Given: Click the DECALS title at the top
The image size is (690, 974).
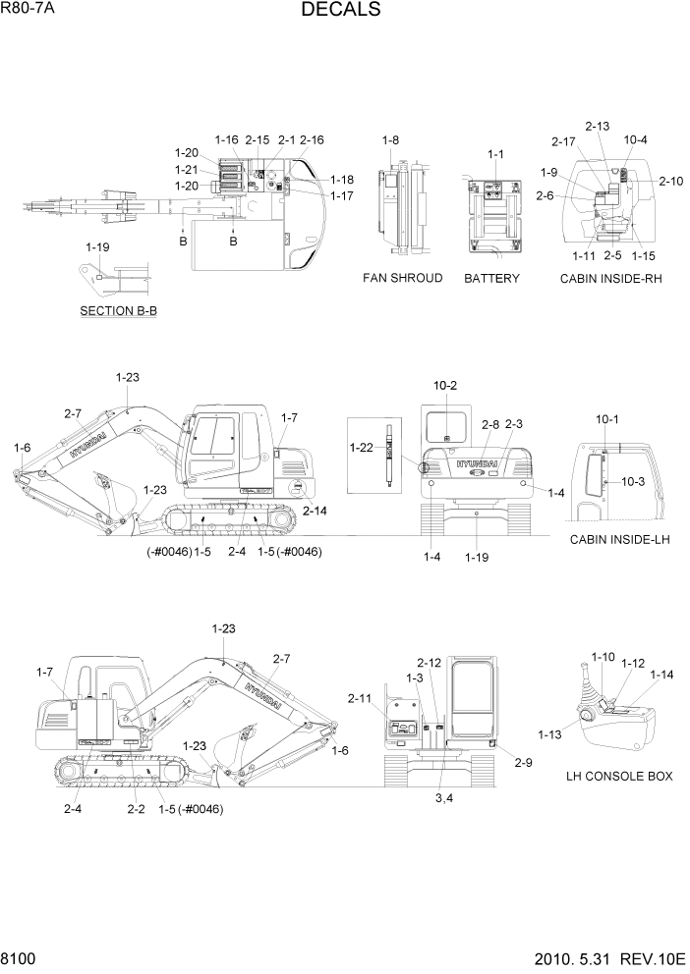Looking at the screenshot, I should click(x=341, y=10).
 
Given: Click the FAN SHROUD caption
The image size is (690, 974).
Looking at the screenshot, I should click(x=403, y=279).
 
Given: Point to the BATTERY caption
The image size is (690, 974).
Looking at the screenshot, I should click(x=491, y=279).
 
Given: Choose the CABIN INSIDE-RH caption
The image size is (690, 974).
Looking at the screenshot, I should click(x=611, y=279).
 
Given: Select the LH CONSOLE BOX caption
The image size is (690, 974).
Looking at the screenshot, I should click(x=619, y=776).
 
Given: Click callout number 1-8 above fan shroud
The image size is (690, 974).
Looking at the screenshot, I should click(x=390, y=140).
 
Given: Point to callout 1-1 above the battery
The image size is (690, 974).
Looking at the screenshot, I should click(x=495, y=154).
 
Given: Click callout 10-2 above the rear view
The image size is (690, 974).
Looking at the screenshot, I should click(x=445, y=385).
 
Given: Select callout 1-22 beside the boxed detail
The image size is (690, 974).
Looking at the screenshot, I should click(x=363, y=448).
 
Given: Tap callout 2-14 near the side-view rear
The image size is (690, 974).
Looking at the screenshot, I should click(x=316, y=512).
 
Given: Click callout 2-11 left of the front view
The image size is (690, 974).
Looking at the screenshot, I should click(x=360, y=698).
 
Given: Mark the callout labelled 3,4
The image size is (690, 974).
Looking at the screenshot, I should click(x=444, y=798).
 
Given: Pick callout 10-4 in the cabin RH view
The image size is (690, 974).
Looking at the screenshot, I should click(x=635, y=139).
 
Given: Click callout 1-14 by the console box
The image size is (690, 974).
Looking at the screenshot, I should click(x=661, y=675).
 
